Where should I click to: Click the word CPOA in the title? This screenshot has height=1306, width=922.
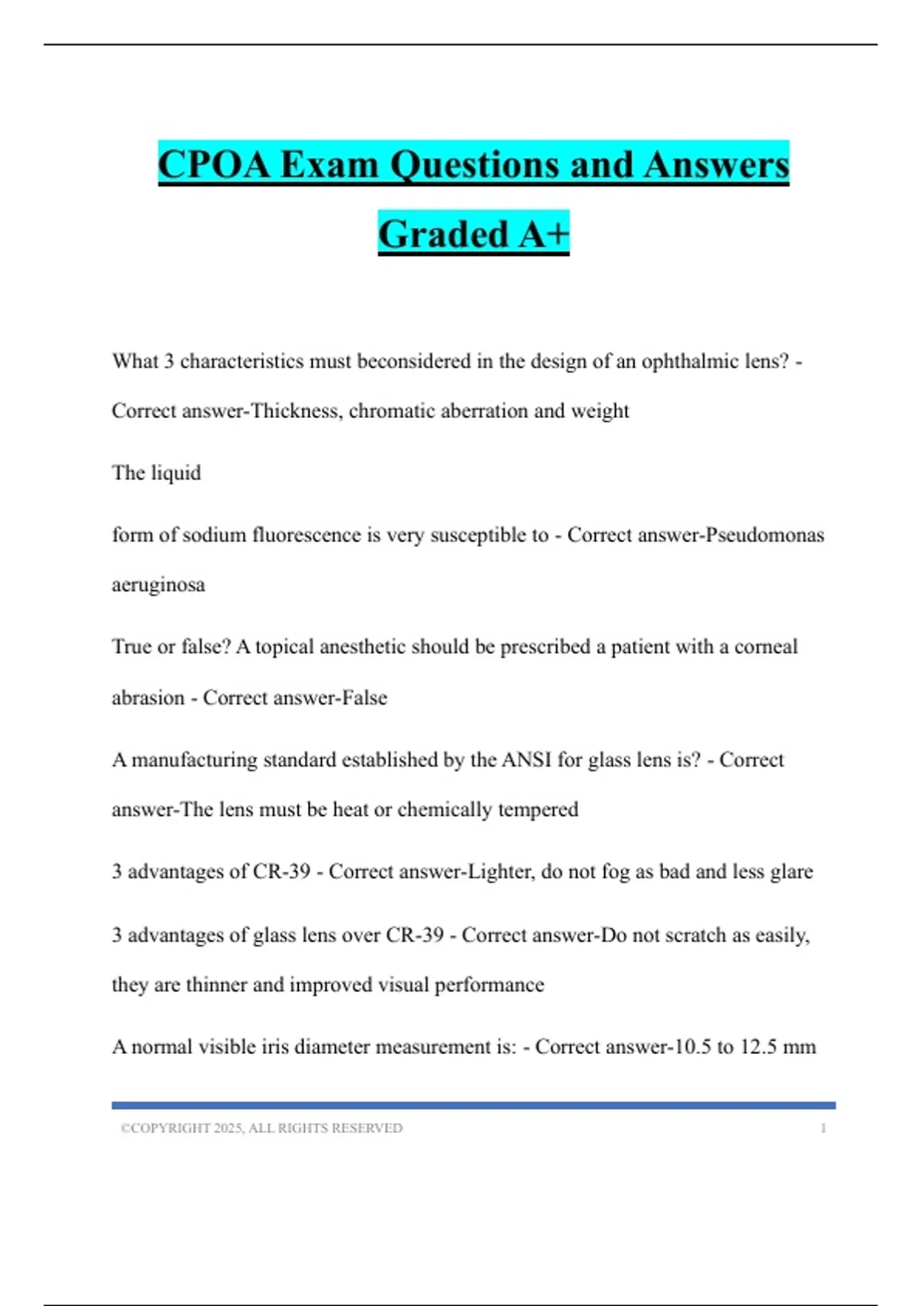tap(214, 164)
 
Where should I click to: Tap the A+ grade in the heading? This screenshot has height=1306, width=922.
tap(543, 234)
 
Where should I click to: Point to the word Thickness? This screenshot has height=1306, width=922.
tap(296, 411)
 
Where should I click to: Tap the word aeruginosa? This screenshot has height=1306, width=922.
tap(158, 585)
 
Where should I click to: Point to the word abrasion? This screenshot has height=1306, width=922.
tap(148, 698)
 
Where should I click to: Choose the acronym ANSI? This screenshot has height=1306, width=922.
tap(526, 760)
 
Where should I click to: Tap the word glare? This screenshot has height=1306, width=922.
tap(791, 872)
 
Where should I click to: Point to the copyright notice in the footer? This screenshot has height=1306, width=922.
tap(261, 1128)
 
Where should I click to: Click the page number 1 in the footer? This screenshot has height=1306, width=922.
tap(824, 1128)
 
